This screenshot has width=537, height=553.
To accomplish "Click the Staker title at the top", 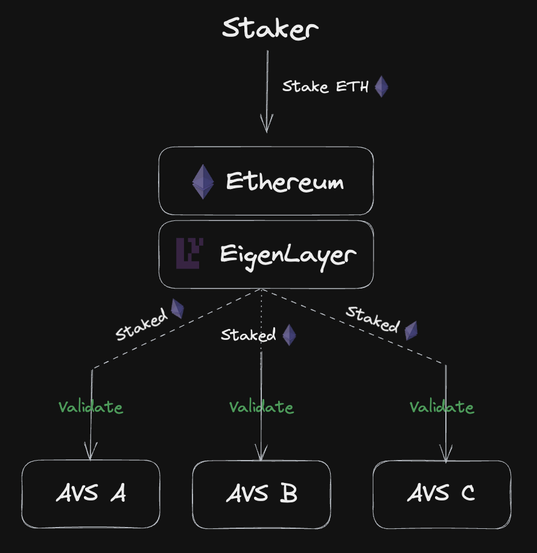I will click(x=270, y=28).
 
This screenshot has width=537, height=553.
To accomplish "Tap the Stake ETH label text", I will click(x=325, y=86).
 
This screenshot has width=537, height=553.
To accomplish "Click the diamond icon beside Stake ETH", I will click(x=381, y=86).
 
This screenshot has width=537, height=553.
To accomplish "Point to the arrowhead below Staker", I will click(x=267, y=124).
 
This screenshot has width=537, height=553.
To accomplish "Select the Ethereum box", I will click(x=266, y=181).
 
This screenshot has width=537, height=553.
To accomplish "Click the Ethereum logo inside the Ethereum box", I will click(x=203, y=181).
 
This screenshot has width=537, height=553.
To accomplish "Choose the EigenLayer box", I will click(x=266, y=254).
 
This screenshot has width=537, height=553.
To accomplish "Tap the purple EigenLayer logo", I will click(x=189, y=254).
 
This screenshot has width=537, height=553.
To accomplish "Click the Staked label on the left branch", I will click(x=141, y=325).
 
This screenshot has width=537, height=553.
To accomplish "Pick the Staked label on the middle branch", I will click(x=248, y=335).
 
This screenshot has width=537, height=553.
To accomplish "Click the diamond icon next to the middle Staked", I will click(x=290, y=335).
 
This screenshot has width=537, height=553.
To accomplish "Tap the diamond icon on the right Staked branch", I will click(x=411, y=330).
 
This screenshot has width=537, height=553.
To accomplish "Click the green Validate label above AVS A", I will click(x=91, y=408).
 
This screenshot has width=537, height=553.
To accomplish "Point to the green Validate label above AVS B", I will click(x=261, y=408).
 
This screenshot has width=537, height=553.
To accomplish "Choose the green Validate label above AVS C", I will click(x=442, y=408).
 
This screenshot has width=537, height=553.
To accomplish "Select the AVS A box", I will click(x=91, y=494).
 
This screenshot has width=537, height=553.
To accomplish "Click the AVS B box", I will click(x=261, y=494).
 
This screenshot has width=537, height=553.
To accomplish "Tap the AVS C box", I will click(x=442, y=494).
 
